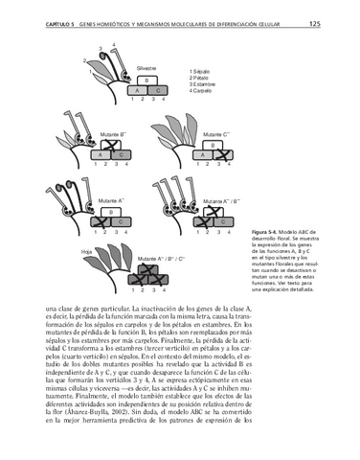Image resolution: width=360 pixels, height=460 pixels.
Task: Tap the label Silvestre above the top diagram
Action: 146,69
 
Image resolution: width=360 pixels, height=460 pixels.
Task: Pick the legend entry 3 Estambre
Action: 207,84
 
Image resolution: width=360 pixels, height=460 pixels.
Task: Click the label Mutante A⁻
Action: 114,199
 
